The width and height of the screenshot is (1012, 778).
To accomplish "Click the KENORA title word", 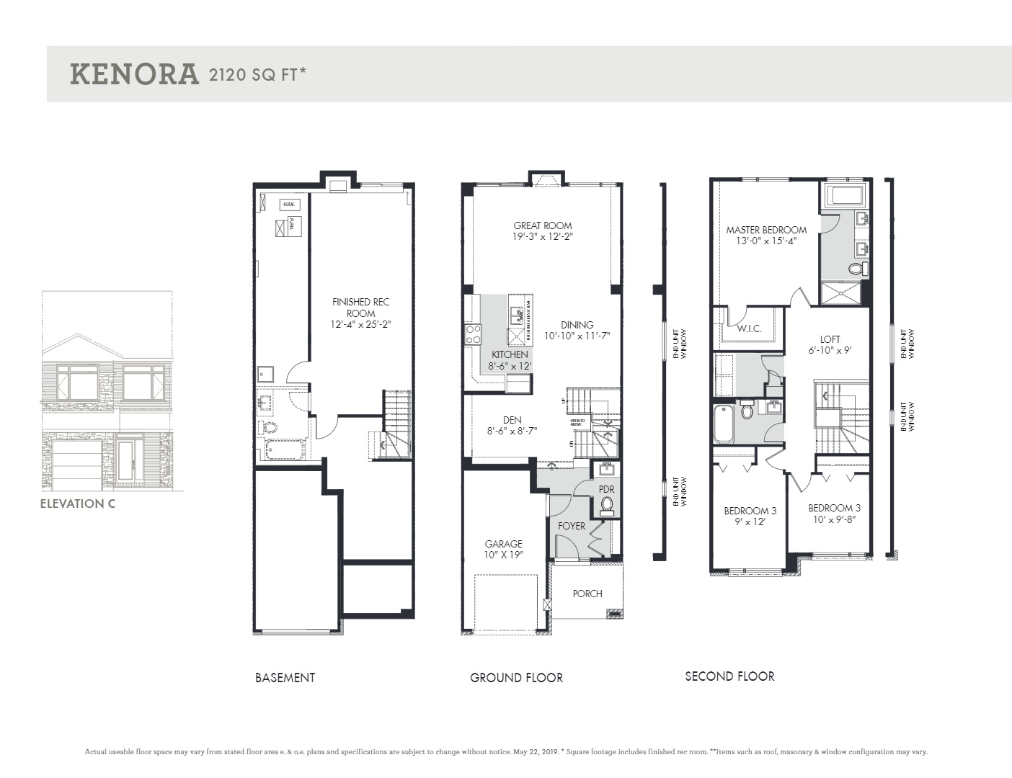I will [x=134, y=74].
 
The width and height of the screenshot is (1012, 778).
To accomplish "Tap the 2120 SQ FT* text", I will [x=257, y=74].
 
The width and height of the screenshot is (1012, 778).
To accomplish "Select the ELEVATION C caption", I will [x=77, y=504].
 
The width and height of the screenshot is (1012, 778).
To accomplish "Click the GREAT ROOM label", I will [x=543, y=225].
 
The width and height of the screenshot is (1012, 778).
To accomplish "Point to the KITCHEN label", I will [x=510, y=354].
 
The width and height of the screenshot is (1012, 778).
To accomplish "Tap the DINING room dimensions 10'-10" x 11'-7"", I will [x=577, y=336].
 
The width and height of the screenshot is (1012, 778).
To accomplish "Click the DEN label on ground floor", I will [x=512, y=420].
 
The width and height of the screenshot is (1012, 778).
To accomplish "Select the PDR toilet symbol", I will [x=607, y=505].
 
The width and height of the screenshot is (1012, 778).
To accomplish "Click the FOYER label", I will [x=572, y=526].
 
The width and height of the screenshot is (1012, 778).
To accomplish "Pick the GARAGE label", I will [x=503, y=544].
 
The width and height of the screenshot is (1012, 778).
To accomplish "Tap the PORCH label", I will [x=587, y=594].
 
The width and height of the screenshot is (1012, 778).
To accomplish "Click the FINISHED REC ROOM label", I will [x=360, y=308].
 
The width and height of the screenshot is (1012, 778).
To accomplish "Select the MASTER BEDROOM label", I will [x=766, y=230].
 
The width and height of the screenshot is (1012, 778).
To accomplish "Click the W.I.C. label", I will [x=749, y=328].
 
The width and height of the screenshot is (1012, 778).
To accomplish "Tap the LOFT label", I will [x=830, y=339].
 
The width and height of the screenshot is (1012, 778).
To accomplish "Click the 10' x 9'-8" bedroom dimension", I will [x=834, y=519].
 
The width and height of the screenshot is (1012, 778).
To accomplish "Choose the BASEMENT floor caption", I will [x=285, y=678].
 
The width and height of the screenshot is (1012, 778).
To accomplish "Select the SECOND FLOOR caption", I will [x=729, y=676].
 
